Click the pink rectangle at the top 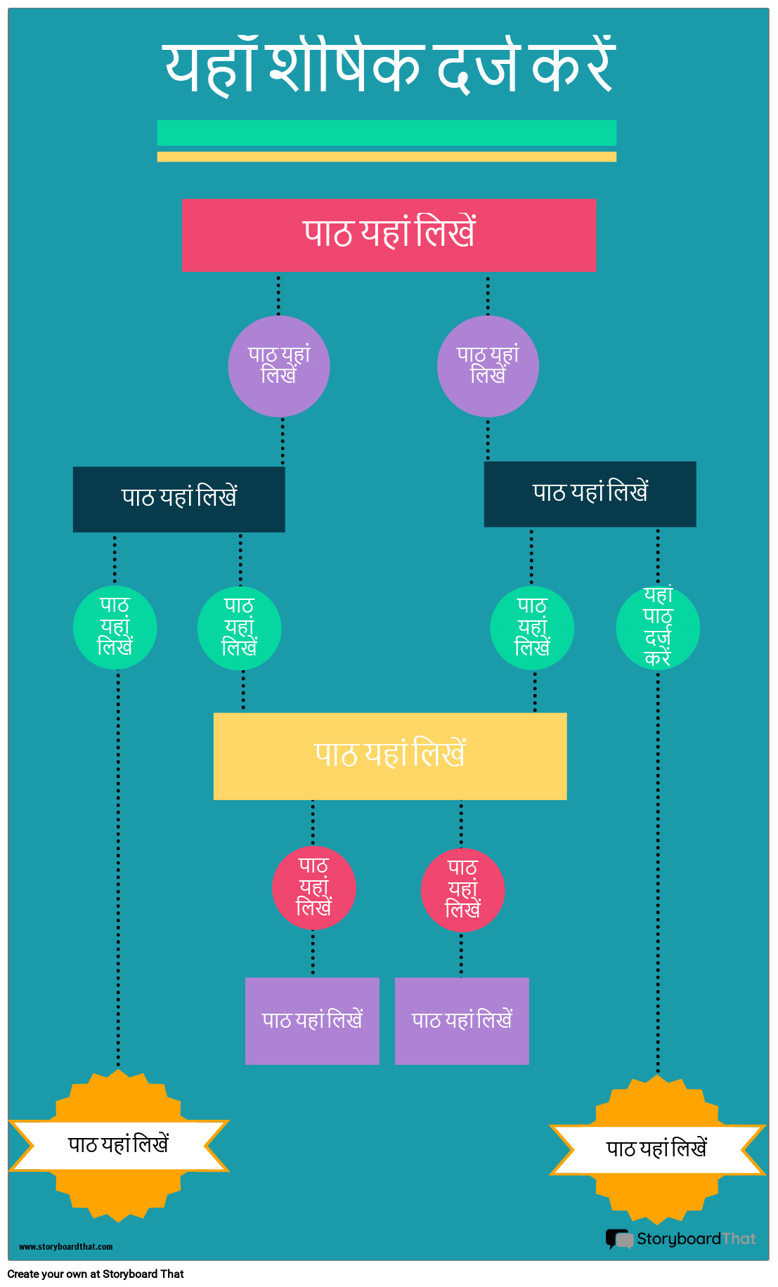pos(389,235)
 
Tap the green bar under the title pos(387,133)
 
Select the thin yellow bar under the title pos(387,157)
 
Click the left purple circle pos(279,366)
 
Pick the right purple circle pos(488,366)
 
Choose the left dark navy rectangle pos(179,499)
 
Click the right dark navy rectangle pos(590,494)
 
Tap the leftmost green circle pos(115,627)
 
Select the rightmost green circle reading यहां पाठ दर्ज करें pos(658,627)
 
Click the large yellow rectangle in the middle pos(390,756)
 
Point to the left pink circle pos(314,888)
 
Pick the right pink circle pos(462,890)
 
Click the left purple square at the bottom pos(312,1021)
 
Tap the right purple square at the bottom pos(462,1021)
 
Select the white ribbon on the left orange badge pos(118,1146)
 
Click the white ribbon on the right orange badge pos(657,1149)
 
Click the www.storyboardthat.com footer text pos(65,1247)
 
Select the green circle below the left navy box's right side pos(240,627)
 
